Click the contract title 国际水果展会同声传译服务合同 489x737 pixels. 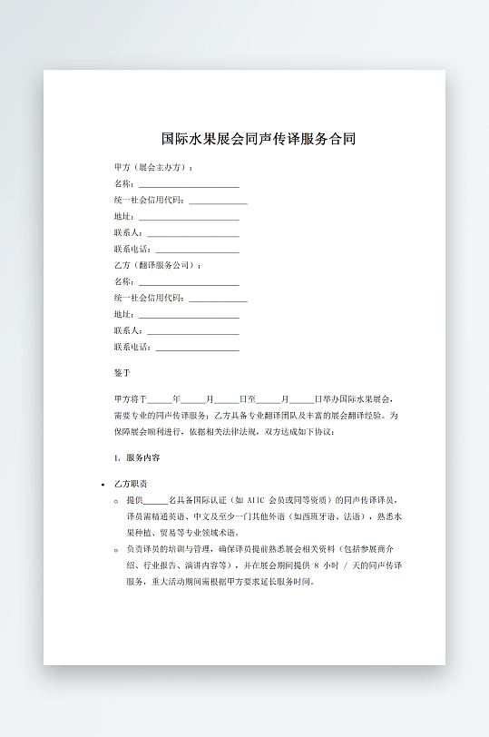258,140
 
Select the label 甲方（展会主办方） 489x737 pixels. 152,167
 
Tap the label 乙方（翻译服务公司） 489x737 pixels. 156,265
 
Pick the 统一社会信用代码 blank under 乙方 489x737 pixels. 218,299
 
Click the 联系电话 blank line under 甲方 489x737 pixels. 197,250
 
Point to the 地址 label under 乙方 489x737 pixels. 124,314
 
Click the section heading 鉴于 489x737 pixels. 122,373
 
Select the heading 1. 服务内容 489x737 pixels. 137,458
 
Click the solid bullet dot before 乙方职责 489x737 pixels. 103,485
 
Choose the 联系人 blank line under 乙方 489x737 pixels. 192,331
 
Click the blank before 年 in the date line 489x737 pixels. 159,399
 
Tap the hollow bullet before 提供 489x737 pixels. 116,500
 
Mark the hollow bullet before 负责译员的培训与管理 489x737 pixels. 116,549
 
